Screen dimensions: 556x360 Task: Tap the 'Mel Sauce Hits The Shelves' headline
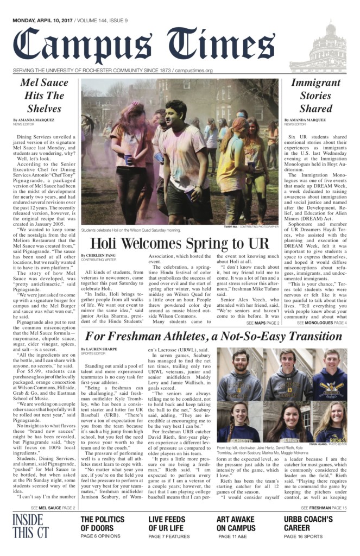(x=44, y=95)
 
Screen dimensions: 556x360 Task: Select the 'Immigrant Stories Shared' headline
(x=315, y=95)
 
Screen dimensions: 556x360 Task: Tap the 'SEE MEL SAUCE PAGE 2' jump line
(x=53, y=508)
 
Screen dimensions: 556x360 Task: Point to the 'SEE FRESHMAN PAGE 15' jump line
(x=324, y=508)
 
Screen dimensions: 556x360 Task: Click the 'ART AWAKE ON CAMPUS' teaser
(x=236, y=524)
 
